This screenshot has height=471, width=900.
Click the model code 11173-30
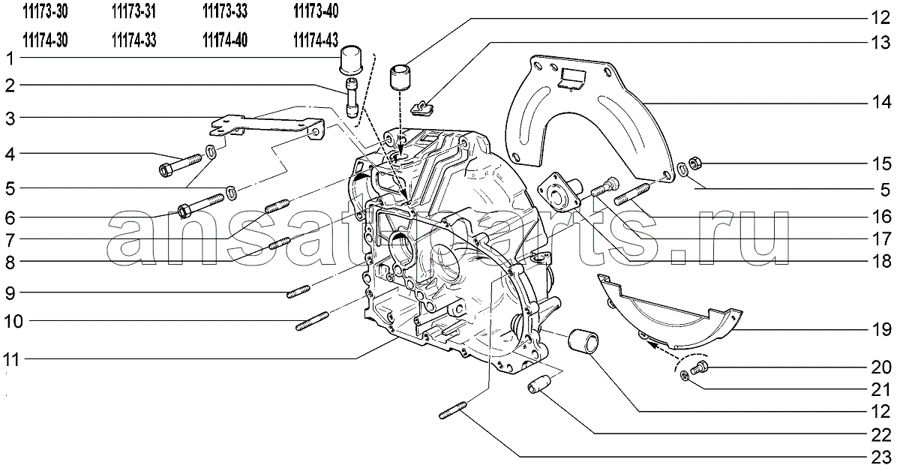[x=45, y=12]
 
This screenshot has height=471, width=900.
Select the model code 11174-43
[x=316, y=40]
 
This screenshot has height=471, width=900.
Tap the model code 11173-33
[x=225, y=12]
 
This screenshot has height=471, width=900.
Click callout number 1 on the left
[x=10, y=58]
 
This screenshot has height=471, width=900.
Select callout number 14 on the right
[x=881, y=103]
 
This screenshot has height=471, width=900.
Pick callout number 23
[x=881, y=457]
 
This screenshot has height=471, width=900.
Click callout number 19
[x=881, y=329]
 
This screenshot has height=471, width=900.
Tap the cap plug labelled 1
[x=351, y=60]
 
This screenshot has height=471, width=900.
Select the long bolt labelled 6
[x=200, y=205]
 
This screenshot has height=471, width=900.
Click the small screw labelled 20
[x=699, y=367]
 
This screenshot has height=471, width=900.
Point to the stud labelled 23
[x=453, y=410]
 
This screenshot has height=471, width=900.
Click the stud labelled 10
[x=312, y=322]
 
